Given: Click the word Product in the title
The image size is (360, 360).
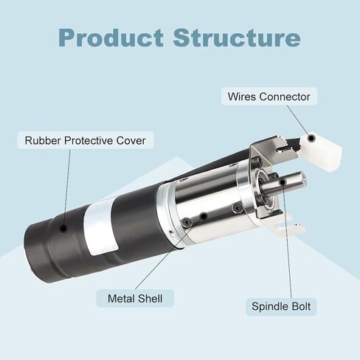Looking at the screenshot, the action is (111, 38).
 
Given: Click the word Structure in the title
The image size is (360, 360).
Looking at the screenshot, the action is (237, 38).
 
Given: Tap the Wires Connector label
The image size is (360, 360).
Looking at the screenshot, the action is (269, 97).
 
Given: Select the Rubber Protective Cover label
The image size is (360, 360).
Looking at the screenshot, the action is (86, 140).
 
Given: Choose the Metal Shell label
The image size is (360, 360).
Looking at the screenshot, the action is (135, 298).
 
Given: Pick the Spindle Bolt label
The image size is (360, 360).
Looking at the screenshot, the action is (281, 306).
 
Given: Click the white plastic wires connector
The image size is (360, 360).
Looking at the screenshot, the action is (319, 151).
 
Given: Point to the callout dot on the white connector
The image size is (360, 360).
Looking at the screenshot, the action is (311, 138).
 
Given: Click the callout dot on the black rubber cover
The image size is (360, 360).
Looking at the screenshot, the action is (63, 228).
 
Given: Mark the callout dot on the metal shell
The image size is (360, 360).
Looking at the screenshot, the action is (204, 216).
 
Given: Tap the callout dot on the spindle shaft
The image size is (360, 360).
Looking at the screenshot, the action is (283, 182).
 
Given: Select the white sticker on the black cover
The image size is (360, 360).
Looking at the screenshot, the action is (101, 226).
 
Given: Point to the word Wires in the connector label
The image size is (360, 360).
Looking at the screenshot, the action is (242, 97).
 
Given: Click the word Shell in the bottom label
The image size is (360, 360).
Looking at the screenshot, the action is (150, 298).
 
